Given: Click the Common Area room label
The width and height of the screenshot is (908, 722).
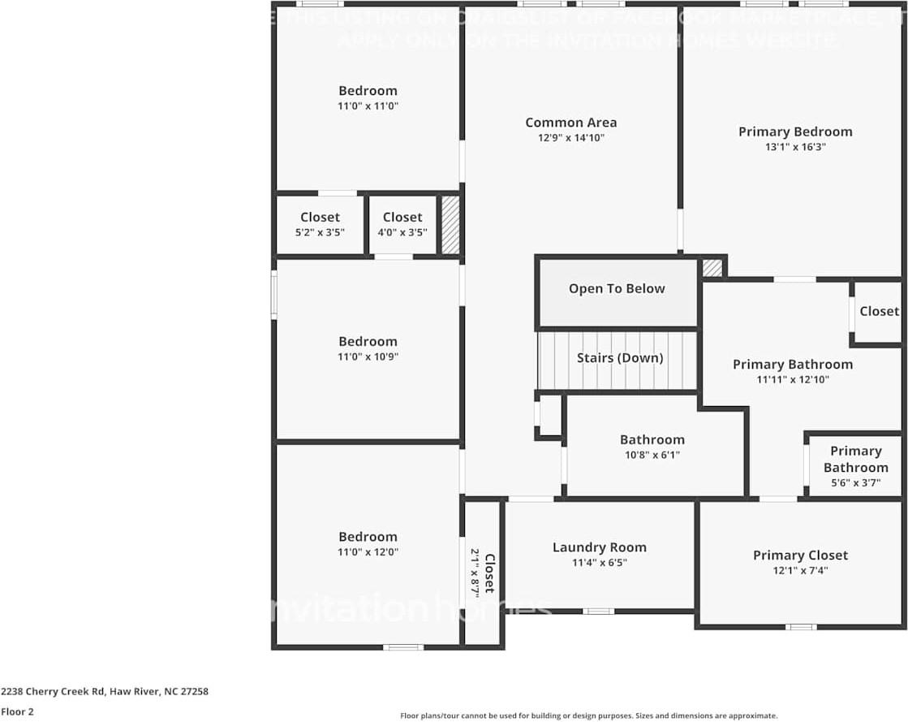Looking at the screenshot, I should click(570, 123).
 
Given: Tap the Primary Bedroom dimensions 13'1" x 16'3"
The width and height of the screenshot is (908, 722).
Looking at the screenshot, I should click(795, 147).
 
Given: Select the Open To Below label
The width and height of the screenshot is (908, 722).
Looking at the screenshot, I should click(616, 289).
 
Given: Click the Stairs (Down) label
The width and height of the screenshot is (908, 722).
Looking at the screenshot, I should click(620, 358).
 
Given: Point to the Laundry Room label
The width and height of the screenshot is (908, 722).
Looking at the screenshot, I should click(599, 547).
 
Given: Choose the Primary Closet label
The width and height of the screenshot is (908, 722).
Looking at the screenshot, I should click(800, 556).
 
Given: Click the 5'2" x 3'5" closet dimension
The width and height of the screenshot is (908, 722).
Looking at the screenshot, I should click(320, 232).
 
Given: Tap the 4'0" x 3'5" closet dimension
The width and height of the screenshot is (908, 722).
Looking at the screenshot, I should click(402, 232).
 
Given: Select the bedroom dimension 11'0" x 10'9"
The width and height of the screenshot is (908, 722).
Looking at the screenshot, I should click(368, 357).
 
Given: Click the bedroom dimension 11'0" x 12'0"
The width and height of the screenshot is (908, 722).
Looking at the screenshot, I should click(368, 552).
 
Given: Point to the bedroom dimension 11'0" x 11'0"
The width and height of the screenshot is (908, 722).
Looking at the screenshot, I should click(368, 106).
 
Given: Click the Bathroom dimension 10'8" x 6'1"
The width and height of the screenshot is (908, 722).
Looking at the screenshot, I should click(652, 455).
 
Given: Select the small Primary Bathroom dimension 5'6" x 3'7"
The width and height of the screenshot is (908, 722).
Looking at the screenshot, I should click(855, 482).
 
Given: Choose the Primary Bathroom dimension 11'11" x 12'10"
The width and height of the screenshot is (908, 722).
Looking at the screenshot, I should click(792, 379).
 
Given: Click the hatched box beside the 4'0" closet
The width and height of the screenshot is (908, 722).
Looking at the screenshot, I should click(450, 225).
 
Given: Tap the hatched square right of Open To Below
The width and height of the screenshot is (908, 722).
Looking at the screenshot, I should click(712, 268).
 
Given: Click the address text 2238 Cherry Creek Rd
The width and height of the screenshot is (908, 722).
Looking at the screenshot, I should click(104, 692).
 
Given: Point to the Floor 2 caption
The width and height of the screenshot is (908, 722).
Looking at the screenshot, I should click(17, 711).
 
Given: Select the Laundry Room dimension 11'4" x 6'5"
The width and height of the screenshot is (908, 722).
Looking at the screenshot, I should click(599, 562).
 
